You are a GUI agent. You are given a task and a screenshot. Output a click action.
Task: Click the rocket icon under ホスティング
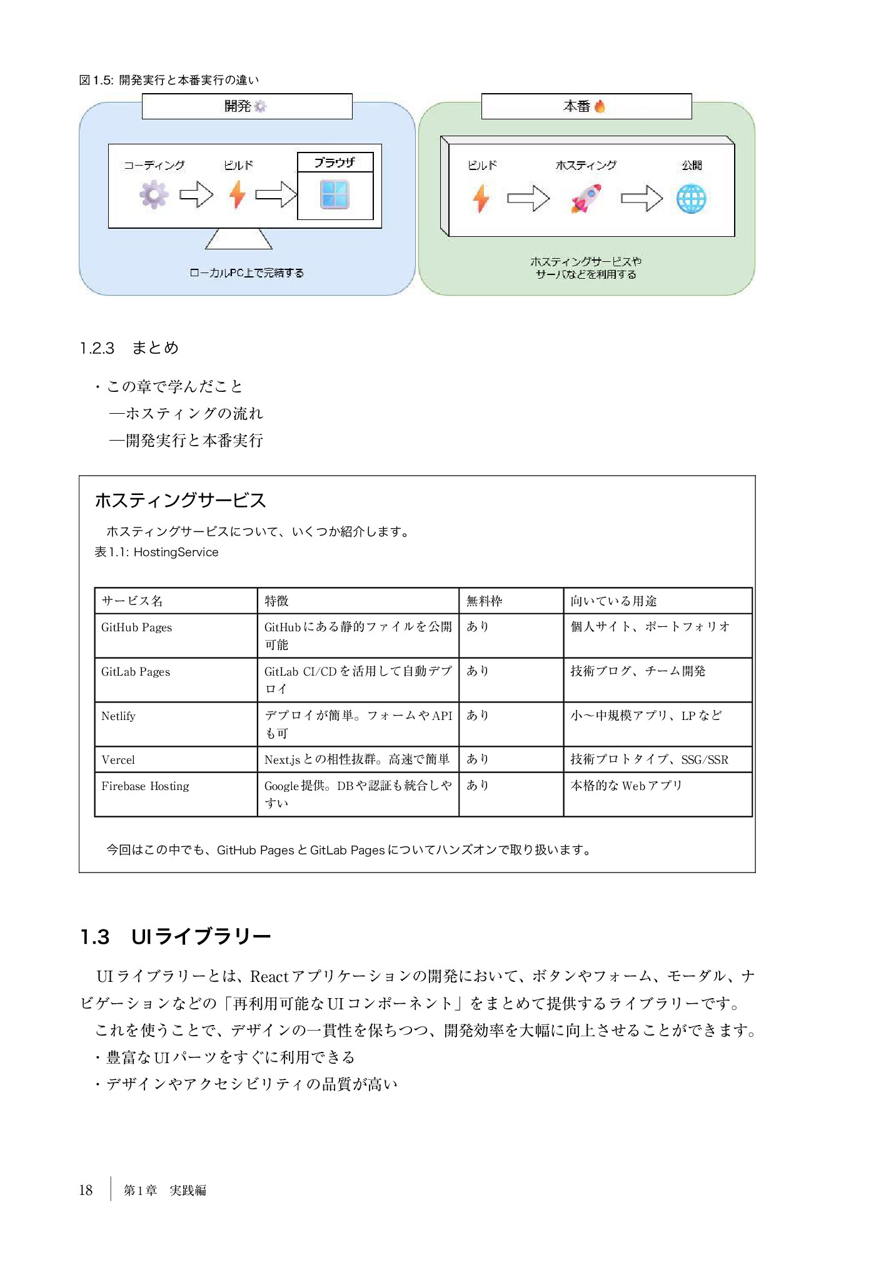click(586, 198)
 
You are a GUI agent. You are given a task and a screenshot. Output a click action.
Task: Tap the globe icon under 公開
click(691, 199)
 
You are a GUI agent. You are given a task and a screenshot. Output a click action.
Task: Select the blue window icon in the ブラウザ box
click(335, 194)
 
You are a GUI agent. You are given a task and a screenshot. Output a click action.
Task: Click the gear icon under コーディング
click(154, 194)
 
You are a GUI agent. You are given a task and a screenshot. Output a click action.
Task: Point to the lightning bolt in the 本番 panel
click(481, 198)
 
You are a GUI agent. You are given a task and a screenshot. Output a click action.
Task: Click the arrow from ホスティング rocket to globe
click(641, 199)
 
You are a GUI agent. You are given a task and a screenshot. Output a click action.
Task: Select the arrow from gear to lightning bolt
click(196, 194)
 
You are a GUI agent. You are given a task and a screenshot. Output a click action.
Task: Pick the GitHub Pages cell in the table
click(137, 627)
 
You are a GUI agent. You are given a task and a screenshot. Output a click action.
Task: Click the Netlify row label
click(119, 716)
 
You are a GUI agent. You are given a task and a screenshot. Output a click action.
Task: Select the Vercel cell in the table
click(118, 760)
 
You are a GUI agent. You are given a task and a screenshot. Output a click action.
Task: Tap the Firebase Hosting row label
click(145, 786)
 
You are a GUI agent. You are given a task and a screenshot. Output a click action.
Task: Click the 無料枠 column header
click(484, 601)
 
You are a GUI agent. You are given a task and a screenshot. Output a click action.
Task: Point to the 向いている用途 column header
click(613, 601)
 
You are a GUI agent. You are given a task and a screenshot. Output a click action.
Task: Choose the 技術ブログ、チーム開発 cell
click(638, 671)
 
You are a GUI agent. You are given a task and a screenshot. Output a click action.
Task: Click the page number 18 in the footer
click(86, 1190)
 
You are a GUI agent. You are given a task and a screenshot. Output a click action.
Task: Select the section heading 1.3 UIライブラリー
click(176, 936)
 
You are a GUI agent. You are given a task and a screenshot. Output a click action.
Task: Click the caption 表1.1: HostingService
click(156, 552)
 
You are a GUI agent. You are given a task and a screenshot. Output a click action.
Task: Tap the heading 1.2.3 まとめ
click(129, 348)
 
